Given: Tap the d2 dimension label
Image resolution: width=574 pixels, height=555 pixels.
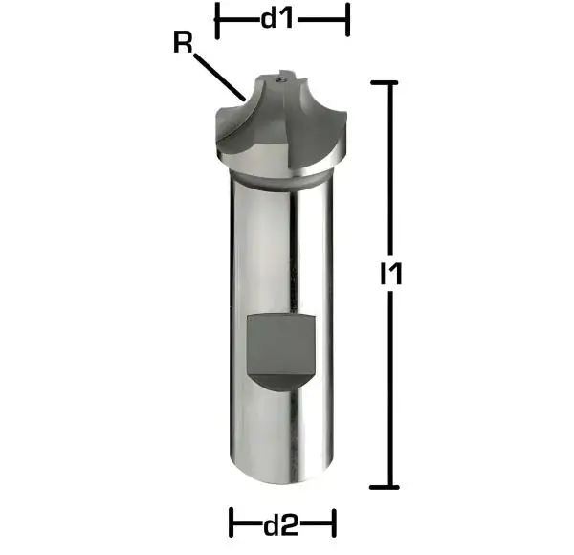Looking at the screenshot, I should [282, 523].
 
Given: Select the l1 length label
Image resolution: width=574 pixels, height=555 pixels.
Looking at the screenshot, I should [389, 275].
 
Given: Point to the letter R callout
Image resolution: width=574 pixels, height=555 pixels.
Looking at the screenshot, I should [181, 42].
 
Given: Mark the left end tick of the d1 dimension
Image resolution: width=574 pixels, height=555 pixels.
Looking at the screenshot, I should [218, 19].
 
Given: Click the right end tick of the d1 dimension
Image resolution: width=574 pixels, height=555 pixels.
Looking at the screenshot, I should [347, 19].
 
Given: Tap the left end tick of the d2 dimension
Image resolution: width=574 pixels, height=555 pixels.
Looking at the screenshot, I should [232, 523].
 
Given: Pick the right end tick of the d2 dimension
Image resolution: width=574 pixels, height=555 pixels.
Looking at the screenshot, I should [335, 523].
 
